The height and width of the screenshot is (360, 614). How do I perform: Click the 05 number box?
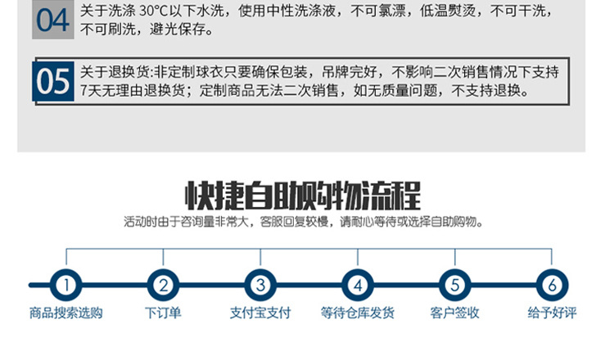(54, 81)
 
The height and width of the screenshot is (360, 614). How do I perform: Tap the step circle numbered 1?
(66, 286)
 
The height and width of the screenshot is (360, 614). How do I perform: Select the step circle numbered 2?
(163, 286)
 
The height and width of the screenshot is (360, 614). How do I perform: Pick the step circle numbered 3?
(260, 286)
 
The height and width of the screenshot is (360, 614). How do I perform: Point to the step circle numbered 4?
(358, 286)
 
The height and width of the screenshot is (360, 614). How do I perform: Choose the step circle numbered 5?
(454, 286)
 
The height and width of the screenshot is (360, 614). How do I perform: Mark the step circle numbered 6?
(552, 286)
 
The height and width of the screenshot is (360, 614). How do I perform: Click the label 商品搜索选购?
(66, 313)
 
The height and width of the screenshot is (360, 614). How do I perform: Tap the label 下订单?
(163, 313)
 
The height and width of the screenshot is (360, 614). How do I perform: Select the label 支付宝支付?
(260, 313)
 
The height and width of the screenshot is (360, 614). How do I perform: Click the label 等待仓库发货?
(358, 313)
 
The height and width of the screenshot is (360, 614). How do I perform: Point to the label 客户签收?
(454, 313)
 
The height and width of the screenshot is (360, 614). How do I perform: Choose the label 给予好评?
(552, 313)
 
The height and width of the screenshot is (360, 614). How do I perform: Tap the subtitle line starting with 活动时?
(303, 222)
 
